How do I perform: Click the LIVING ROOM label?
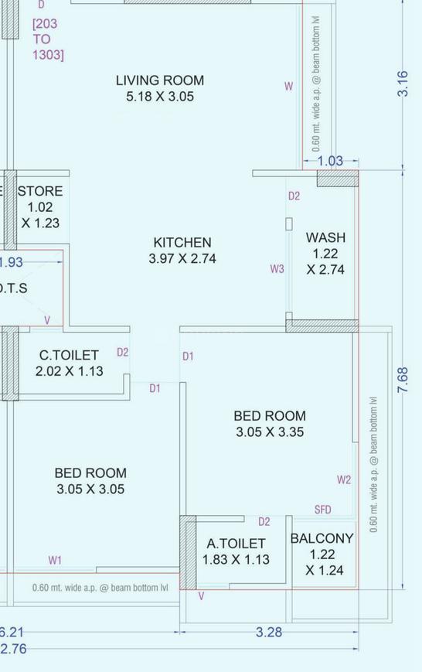point(160,80)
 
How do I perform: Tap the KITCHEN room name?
point(182,243)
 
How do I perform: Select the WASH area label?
point(325,237)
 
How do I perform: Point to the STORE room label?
point(40,191)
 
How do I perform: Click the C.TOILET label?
point(69,355)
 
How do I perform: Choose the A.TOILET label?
point(236,544)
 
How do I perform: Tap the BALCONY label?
point(322,538)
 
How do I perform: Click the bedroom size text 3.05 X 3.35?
point(270,432)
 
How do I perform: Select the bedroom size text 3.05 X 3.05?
point(90,490)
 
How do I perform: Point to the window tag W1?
point(55,560)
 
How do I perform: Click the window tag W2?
point(344,480)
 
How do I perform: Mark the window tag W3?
point(277,269)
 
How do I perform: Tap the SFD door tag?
point(323,510)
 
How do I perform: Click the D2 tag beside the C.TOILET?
point(123,353)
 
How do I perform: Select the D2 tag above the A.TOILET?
point(264,522)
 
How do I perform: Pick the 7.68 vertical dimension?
point(403,380)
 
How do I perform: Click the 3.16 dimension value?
point(403,84)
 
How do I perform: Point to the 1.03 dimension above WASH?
point(330,161)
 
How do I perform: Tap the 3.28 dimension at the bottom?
point(268,633)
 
